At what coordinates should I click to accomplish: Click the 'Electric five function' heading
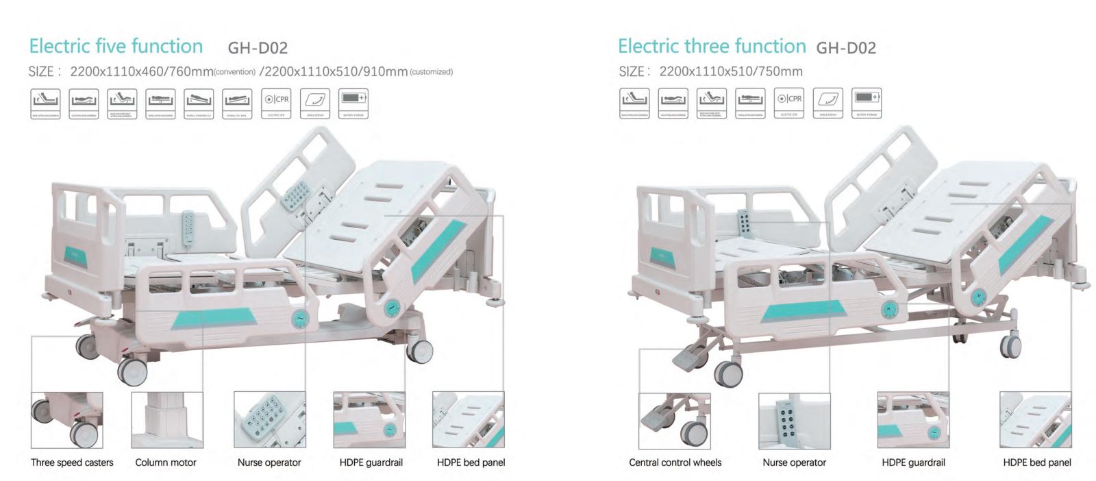point(116,47)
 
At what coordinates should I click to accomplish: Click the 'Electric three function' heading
point(712,47)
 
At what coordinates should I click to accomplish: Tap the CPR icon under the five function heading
point(277,103)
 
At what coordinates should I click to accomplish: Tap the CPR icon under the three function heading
point(789,103)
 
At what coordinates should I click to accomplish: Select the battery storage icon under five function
point(353,103)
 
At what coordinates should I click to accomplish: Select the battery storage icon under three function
point(867,103)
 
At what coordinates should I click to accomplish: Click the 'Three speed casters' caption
point(72,463)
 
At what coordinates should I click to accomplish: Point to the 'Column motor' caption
point(166,463)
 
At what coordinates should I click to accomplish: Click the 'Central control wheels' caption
point(675,463)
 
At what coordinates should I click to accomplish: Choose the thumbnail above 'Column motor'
point(167,420)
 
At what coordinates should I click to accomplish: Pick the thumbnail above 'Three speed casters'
point(67,420)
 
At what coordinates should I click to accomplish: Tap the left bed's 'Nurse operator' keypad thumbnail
point(269,420)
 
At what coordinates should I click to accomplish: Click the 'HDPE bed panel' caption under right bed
point(1036,463)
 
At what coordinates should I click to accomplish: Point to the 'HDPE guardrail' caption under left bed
point(371,463)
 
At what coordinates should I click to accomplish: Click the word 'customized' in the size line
point(431,72)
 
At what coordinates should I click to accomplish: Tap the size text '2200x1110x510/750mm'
point(731,71)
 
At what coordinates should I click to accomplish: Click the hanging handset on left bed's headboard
point(188,225)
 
